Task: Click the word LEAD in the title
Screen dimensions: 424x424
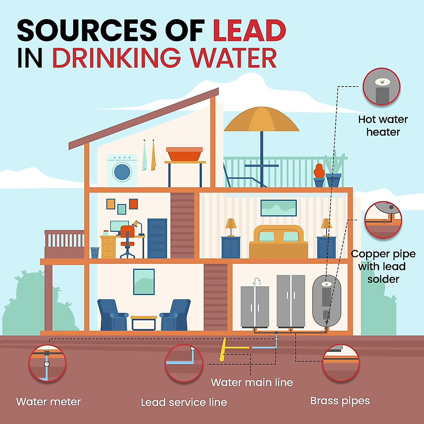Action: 249,30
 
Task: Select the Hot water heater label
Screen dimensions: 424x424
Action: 383,126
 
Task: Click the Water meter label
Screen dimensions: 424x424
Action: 48,402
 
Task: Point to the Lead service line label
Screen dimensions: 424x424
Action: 184,402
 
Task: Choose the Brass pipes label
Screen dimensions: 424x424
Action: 340,401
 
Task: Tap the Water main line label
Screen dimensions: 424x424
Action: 252,382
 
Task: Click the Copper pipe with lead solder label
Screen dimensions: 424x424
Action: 383,266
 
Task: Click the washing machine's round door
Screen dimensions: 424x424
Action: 122,172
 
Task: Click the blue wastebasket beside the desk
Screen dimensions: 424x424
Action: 95,253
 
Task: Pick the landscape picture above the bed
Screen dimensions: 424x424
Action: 278,208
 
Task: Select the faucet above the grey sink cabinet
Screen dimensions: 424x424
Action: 257,282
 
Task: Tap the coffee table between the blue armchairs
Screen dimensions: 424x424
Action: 144,322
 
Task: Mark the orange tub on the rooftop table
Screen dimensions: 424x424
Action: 184,154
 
